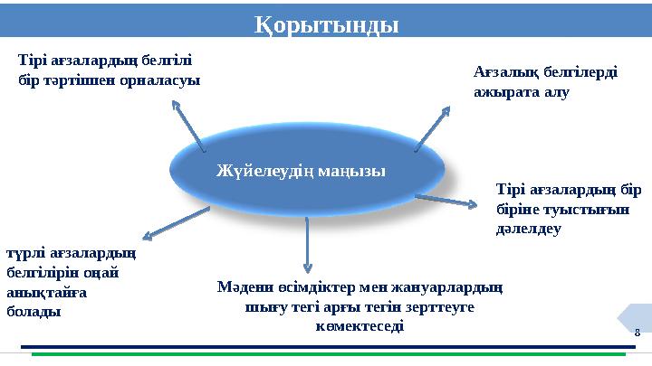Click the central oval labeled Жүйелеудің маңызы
(x=308, y=168)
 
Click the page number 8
(x=637, y=333)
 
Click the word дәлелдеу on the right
(x=530, y=229)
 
